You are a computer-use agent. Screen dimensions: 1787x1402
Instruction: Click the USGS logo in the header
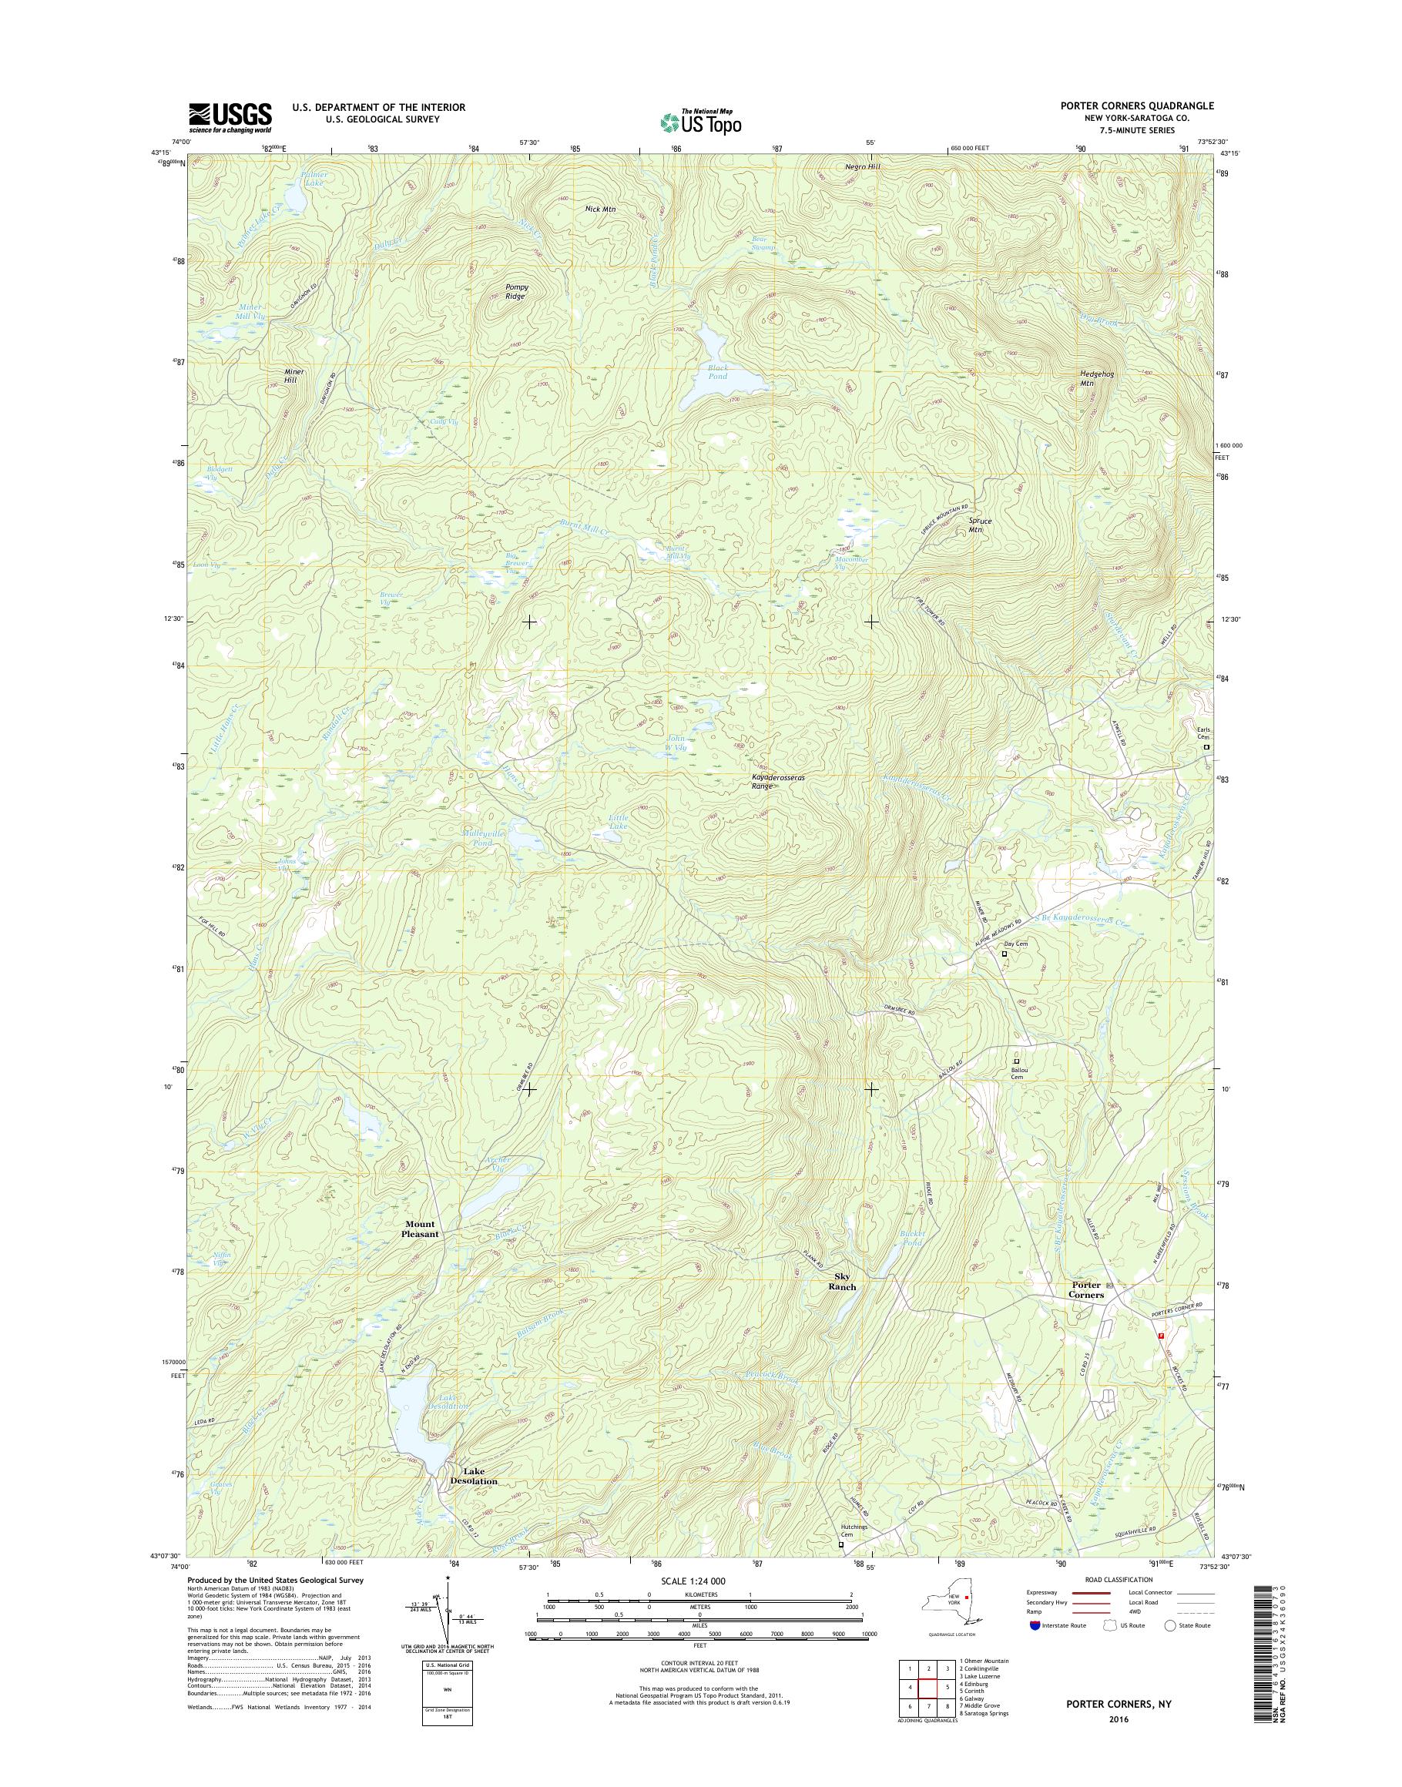click(x=230, y=117)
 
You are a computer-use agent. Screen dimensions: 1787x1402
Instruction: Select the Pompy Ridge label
click(x=516, y=291)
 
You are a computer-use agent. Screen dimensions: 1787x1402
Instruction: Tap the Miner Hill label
click(x=293, y=377)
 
